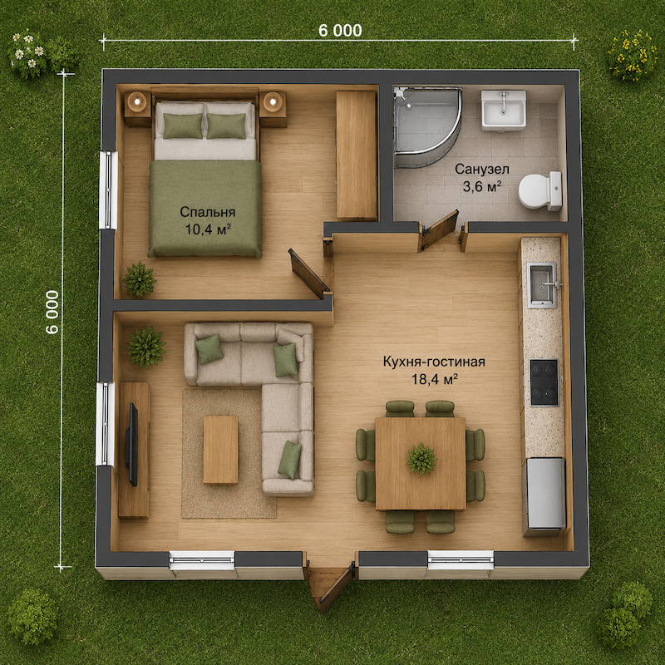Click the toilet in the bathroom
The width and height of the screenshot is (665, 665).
540,191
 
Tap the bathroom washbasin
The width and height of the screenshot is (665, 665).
504,110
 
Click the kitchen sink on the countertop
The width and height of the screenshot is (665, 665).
542,285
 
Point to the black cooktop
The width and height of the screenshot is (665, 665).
544,382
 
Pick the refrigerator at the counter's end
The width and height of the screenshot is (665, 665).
545,497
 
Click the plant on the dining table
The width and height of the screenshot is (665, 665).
421,459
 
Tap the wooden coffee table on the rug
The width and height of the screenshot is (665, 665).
220,450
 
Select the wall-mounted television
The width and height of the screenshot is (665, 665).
132,445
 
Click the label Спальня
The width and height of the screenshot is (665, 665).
207,212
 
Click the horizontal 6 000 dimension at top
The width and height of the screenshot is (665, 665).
340,31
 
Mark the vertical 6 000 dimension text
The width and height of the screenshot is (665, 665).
52,312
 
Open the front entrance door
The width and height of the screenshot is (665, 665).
337,588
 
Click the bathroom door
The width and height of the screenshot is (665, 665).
440,229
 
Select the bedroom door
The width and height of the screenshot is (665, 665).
308,273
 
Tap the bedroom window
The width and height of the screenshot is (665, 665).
108,190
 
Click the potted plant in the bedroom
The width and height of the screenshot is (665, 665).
139,279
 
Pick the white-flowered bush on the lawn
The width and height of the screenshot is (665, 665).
27,52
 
